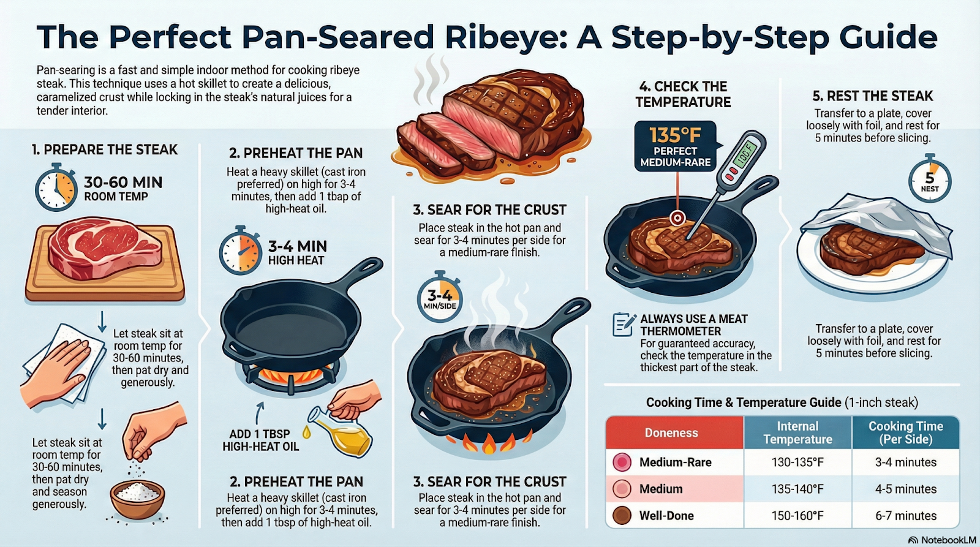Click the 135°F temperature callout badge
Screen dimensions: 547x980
[x=675, y=146]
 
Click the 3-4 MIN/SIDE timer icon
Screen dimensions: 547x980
[x=440, y=299]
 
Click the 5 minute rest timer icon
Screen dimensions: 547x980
[x=929, y=181]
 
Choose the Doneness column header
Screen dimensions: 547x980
[x=671, y=433]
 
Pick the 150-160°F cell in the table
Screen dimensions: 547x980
[x=797, y=516]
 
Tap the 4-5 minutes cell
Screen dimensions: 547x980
[x=905, y=489]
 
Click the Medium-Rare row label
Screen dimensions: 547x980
[x=675, y=462]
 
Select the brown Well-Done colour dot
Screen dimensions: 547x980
[x=622, y=516]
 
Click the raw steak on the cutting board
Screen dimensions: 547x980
[x=105, y=250]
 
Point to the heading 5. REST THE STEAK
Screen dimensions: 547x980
[x=872, y=96]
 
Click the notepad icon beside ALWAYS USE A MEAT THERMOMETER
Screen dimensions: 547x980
[x=623, y=324]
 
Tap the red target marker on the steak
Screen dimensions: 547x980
[x=677, y=217]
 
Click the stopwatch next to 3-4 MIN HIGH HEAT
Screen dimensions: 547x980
[x=239, y=252]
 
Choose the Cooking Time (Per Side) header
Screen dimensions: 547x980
[x=905, y=432]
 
